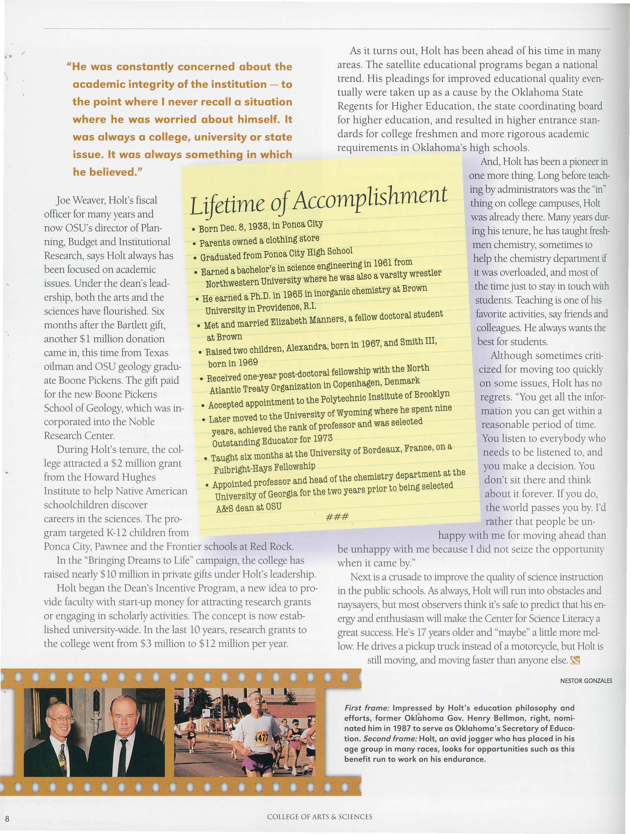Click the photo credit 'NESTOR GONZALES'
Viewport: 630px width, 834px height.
pos(585,681)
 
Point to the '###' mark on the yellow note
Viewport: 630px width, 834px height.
pos(337,516)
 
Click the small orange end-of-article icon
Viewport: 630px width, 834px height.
pos(575,660)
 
